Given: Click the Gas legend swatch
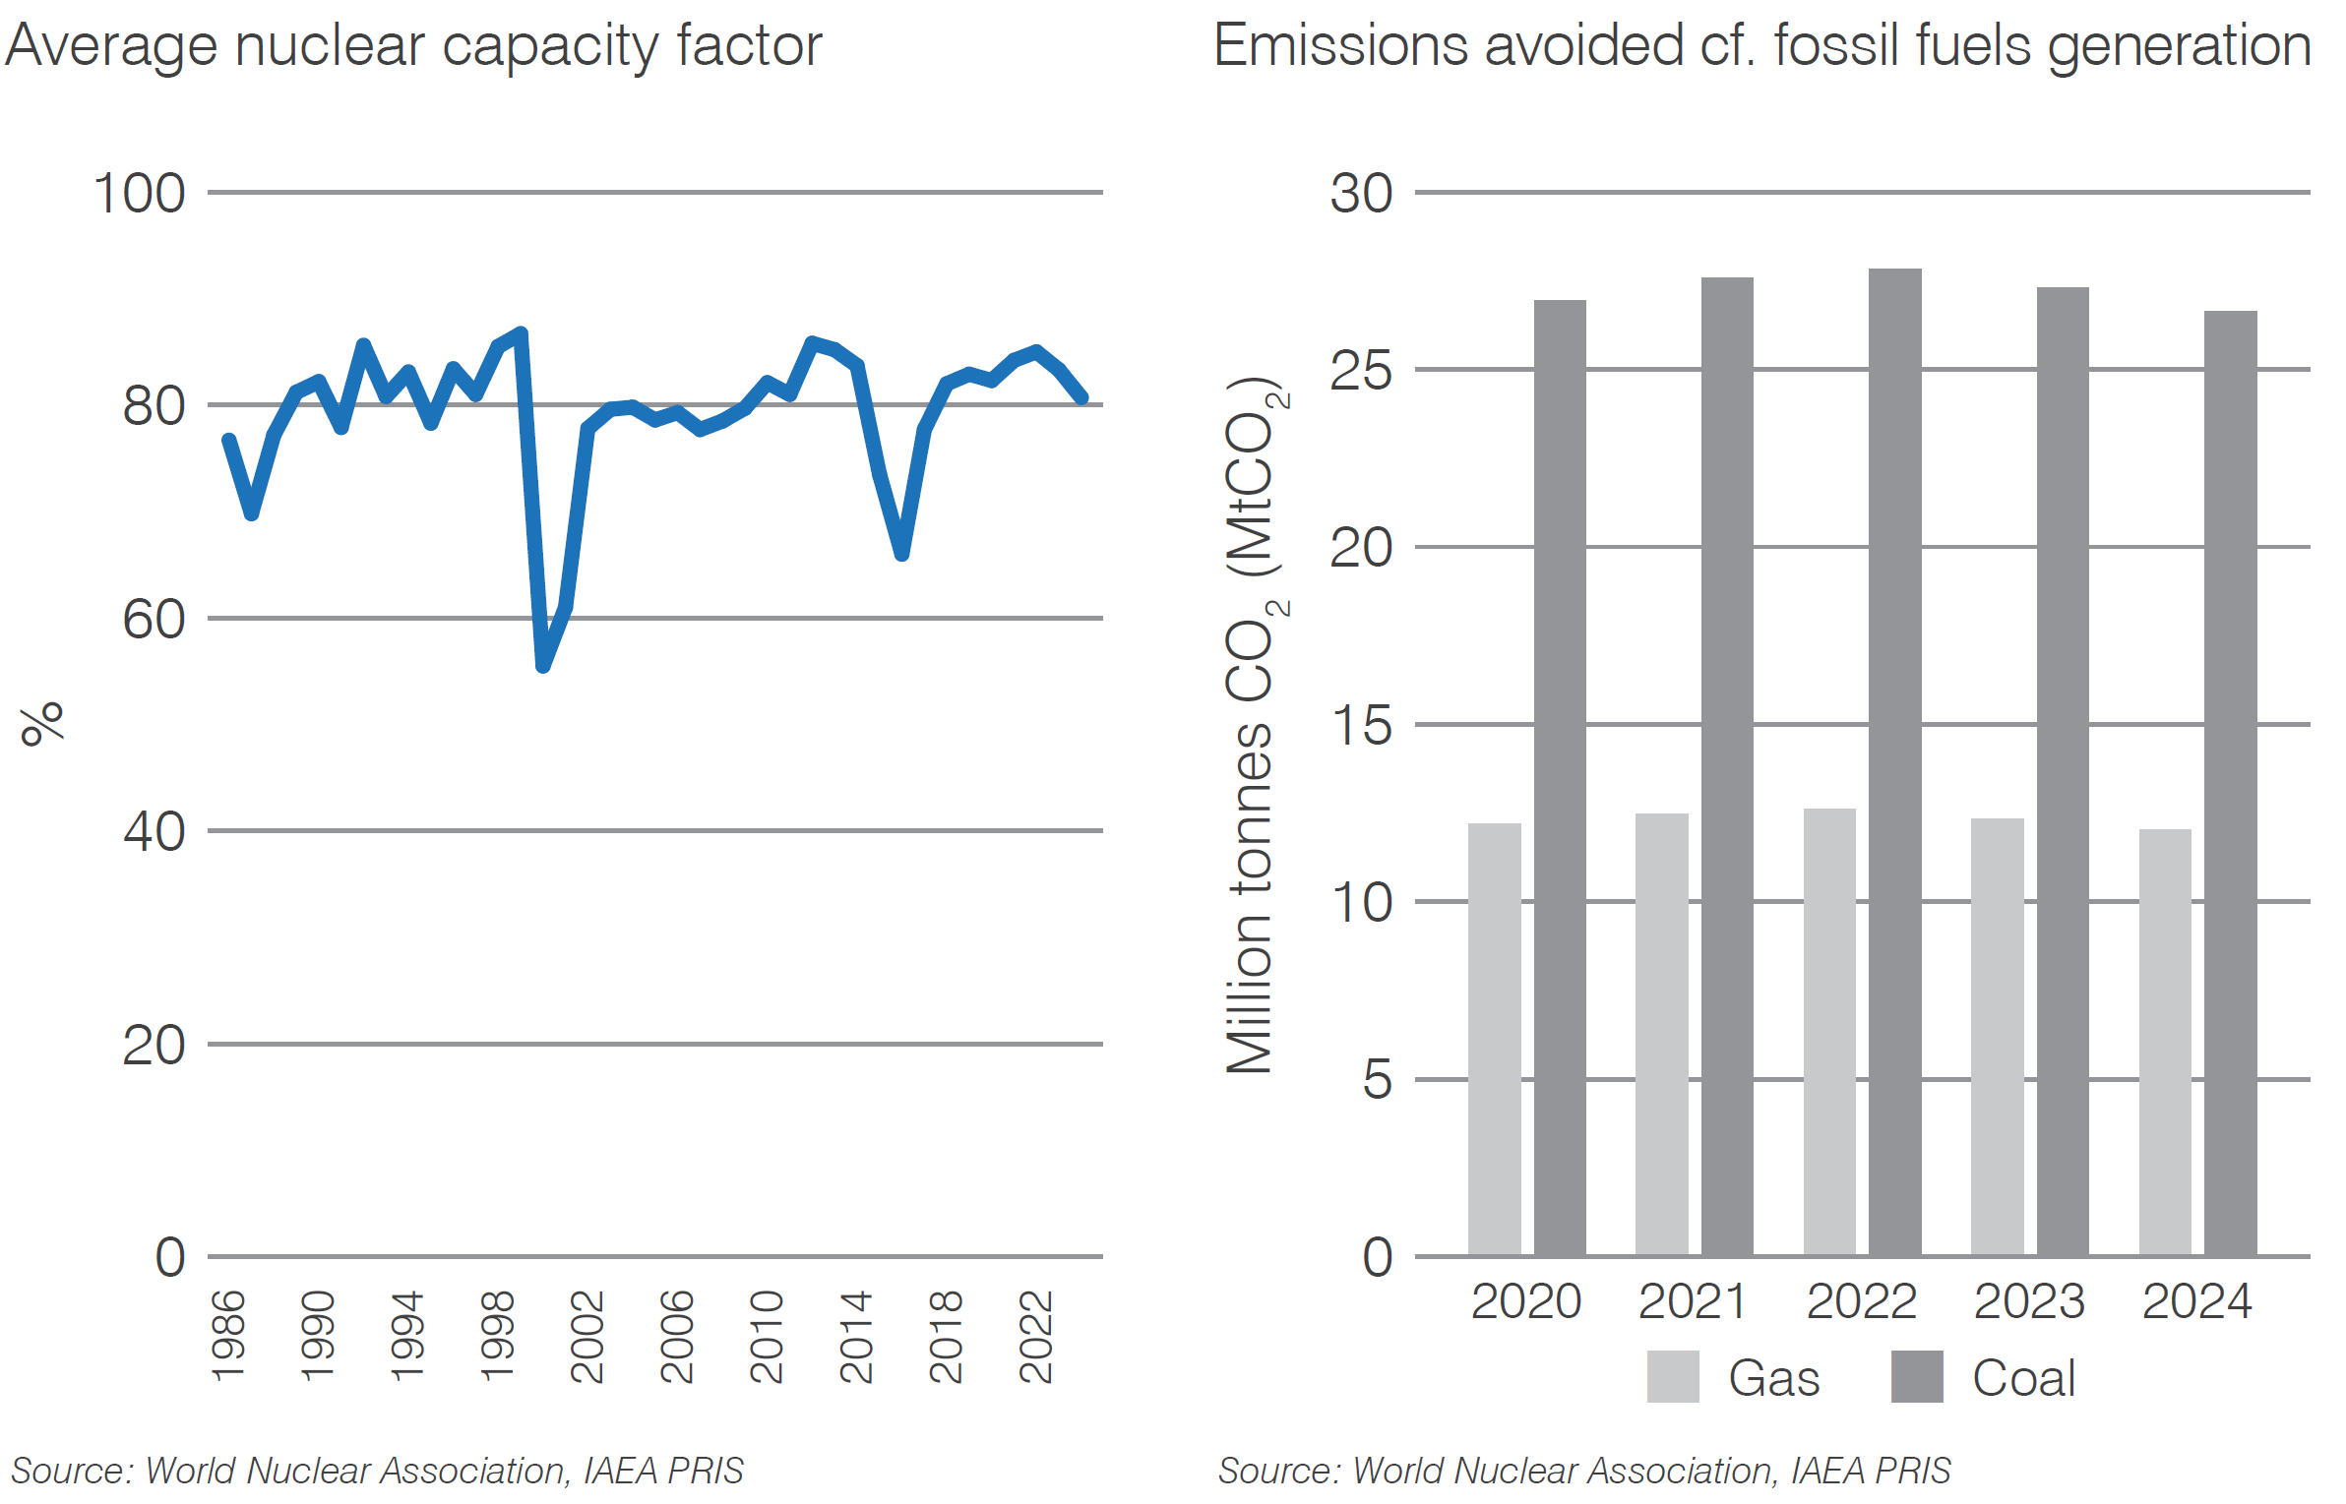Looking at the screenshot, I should pyautogui.click(x=1672, y=1376).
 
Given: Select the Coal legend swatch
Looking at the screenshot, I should pyautogui.click(x=1916, y=1376).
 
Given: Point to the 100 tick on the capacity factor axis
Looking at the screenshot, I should pyautogui.click(x=139, y=193).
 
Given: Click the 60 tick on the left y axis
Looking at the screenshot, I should pyautogui.click(x=154, y=619).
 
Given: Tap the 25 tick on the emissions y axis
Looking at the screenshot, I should pyautogui.click(x=1361, y=370).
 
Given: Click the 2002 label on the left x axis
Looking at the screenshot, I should pyautogui.click(x=587, y=1337).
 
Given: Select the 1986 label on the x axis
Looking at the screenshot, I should pyautogui.click(x=228, y=1337).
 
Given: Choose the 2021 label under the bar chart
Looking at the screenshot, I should pyautogui.click(x=1693, y=1301).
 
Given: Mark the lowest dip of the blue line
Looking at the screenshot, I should pyautogui.click(x=543, y=666).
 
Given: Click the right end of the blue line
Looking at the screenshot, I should pyautogui.click(x=1082, y=397).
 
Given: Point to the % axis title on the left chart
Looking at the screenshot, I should pyautogui.click(x=42, y=724).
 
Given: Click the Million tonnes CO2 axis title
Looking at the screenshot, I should pyautogui.click(x=1253, y=726).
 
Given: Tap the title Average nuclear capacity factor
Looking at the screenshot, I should pyautogui.click(x=413, y=46).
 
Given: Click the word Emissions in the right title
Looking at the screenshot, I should pyautogui.click(x=1340, y=46).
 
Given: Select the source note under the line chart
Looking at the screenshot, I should pyautogui.click(x=377, y=1471).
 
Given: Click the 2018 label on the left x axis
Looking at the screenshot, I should pyautogui.click(x=946, y=1337).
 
